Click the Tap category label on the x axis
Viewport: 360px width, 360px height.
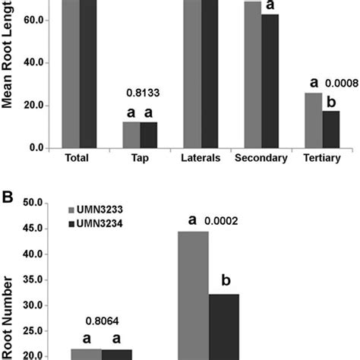[x=140, y=159]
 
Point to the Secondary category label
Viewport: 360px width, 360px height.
[x=261, y=159]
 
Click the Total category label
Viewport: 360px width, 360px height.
[x=79, y=159]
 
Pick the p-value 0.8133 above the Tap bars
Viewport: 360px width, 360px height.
[x=140, y=97]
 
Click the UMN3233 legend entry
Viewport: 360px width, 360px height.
[x=102, y=208]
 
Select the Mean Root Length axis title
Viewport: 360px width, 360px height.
[x=10, y=68]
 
